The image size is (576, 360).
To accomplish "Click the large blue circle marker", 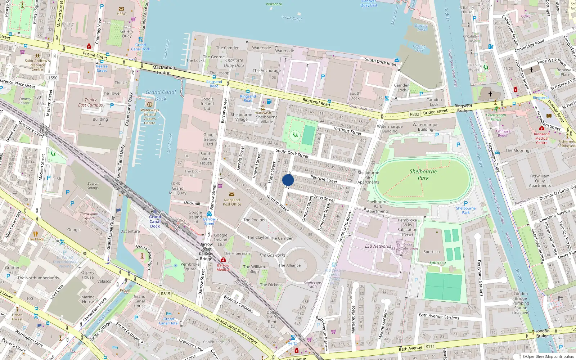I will click(x=288, y=180).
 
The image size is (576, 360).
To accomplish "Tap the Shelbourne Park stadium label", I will click(x=423, y=175).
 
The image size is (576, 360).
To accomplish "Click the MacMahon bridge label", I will click(x=163, y=70).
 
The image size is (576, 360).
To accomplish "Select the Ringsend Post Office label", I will click(x=232, y=202).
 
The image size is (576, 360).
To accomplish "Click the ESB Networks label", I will click(x=378, y=246).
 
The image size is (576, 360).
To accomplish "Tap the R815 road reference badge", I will click(x=166, y=294).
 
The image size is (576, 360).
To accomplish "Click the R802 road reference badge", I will click(x=414, y=114).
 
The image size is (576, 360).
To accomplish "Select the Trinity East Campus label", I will click(x=90, y=103).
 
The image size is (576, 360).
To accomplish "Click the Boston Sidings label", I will click(x=93, y=185).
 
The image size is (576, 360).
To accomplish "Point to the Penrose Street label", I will click(x=324, y=179).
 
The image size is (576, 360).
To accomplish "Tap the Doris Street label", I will click(x=324, y=198).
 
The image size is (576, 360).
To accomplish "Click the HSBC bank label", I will click(x=121, y=14).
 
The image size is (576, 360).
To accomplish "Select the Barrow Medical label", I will click(x=223, y=267).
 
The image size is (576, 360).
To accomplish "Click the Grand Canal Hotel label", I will click(x=168, y=321).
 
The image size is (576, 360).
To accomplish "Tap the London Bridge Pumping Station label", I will click(x=521, y=303).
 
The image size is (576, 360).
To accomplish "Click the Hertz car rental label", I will click(x=292, y=343).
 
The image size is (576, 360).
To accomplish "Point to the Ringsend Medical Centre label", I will click(x=541, y=138).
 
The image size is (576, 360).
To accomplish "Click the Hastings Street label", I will click(x=347, y=131).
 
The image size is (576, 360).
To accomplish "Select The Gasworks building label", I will click(x=272, y=255).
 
